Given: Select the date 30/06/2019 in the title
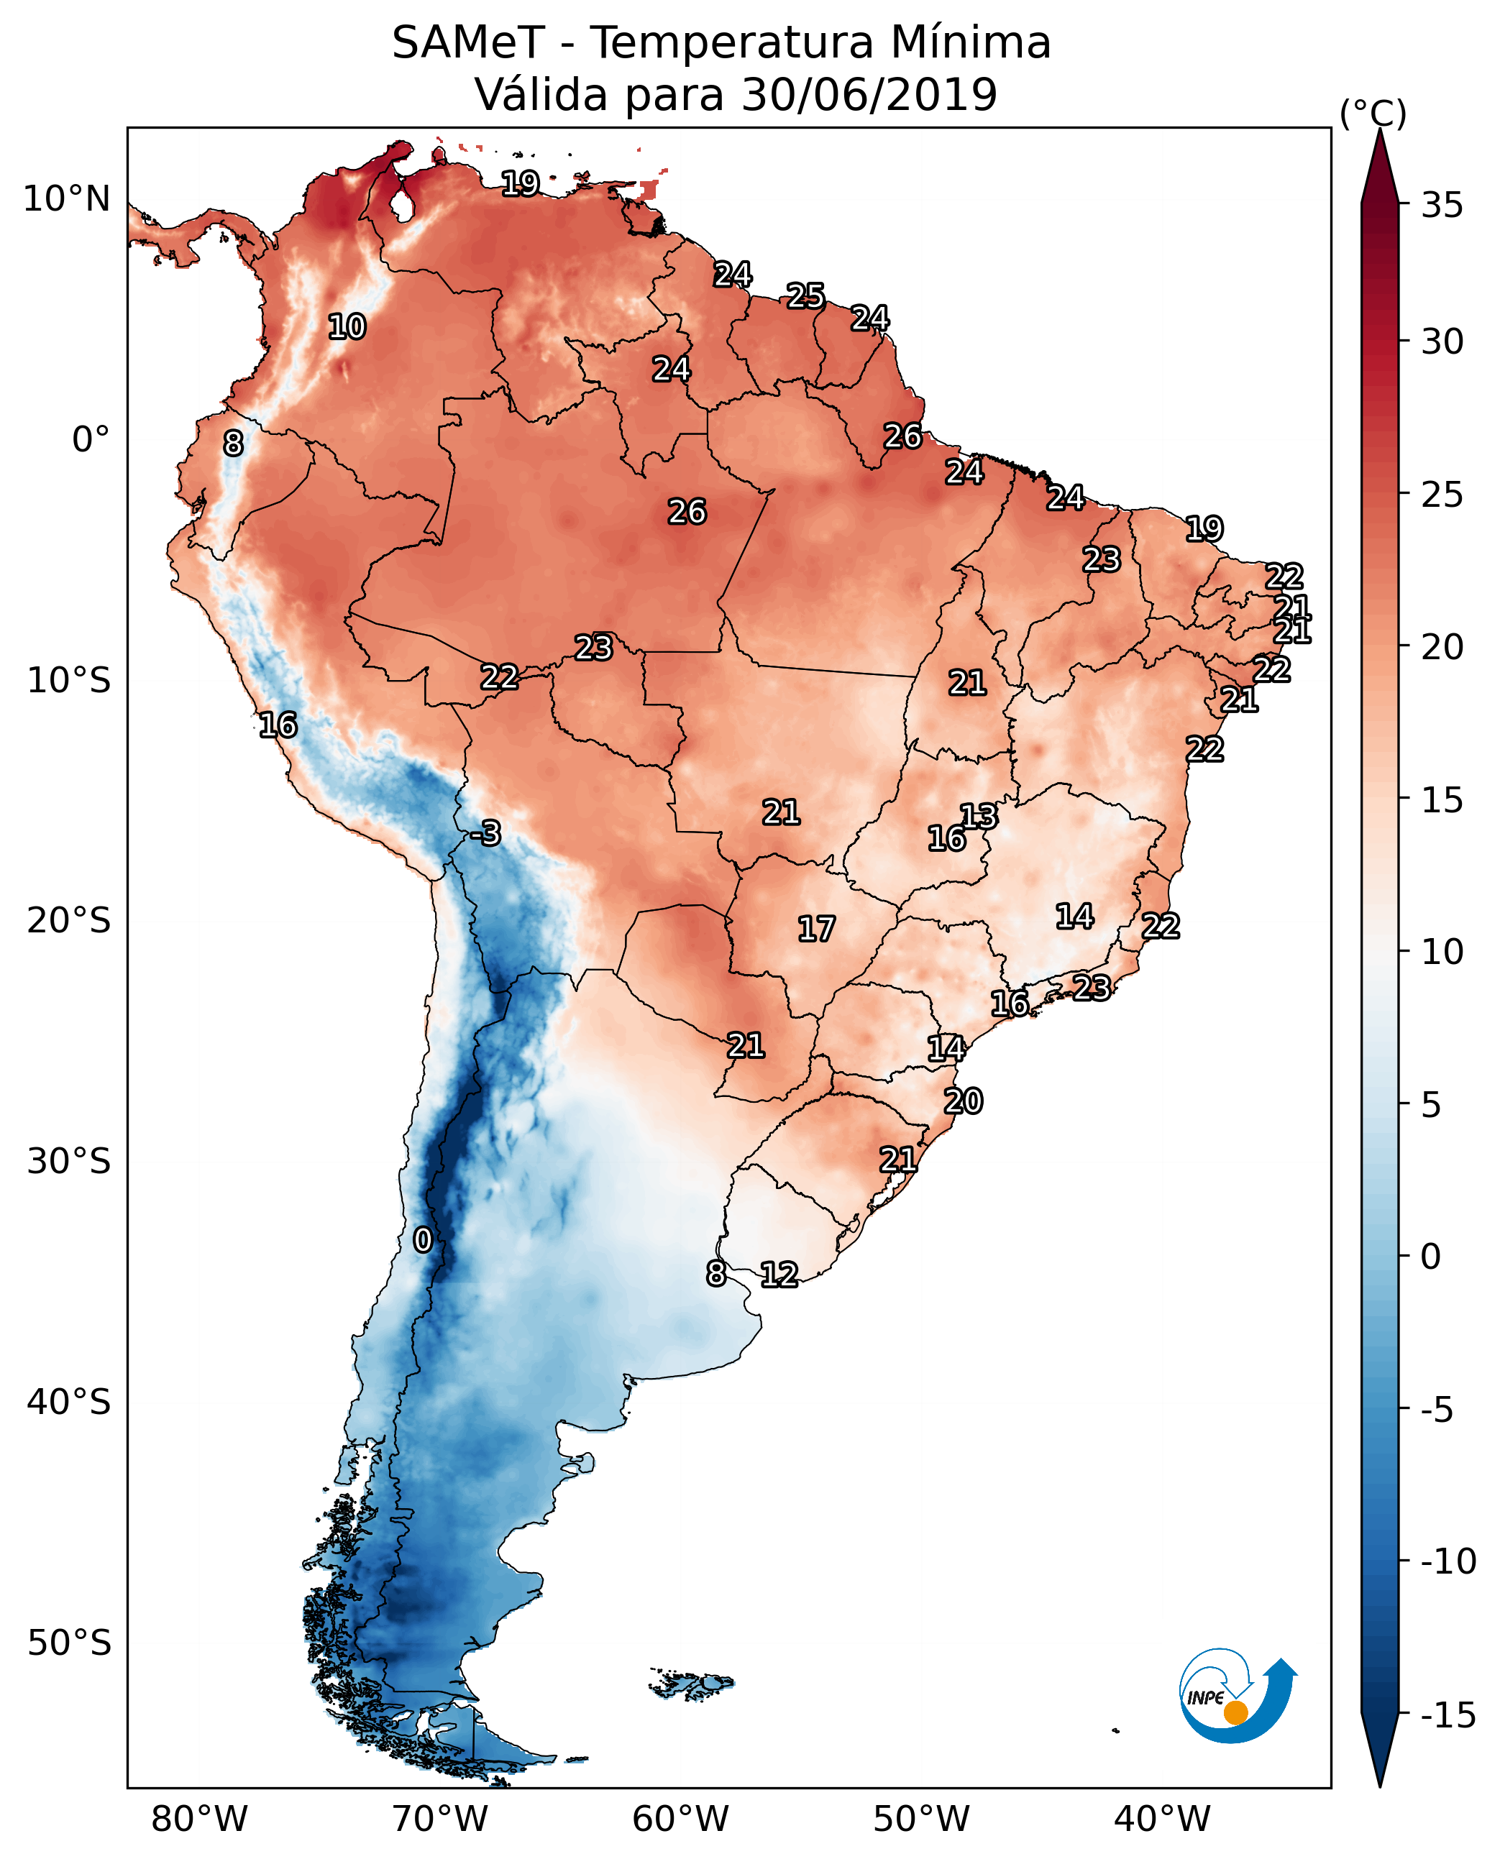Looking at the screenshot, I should [x=869, y=95].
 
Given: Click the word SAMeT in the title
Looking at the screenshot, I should [x=468, y=43].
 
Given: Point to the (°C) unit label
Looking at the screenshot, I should [x=1373, y=114].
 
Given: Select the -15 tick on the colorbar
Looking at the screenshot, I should [x=1448, y=1715].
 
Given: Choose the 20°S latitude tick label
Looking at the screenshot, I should [x=69, y=921].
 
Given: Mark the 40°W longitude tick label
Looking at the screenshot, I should [x=1161, y=1819].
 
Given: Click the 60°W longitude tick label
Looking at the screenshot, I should [x=680, y=1819].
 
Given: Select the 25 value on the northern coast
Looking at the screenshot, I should [x=805, y=296].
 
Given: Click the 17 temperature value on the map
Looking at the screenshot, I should [x=815, y=929].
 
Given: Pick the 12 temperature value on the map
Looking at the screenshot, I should [x=779, y=1274].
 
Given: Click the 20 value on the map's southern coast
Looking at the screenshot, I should [x=964, y=1101].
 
